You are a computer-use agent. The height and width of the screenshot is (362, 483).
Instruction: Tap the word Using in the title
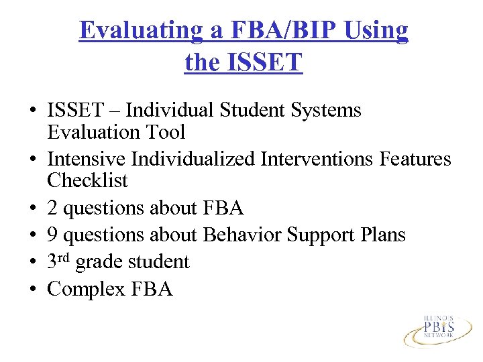(378, 32)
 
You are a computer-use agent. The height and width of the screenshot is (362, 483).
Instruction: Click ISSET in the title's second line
(266, 62)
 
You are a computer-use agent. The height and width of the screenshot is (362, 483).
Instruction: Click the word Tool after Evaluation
(166, 132)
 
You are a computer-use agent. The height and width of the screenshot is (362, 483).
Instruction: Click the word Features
(415, 160)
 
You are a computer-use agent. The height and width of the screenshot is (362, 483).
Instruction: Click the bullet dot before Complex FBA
(32, 289)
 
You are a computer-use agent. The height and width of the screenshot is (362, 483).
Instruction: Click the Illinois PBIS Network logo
(437, 328)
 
